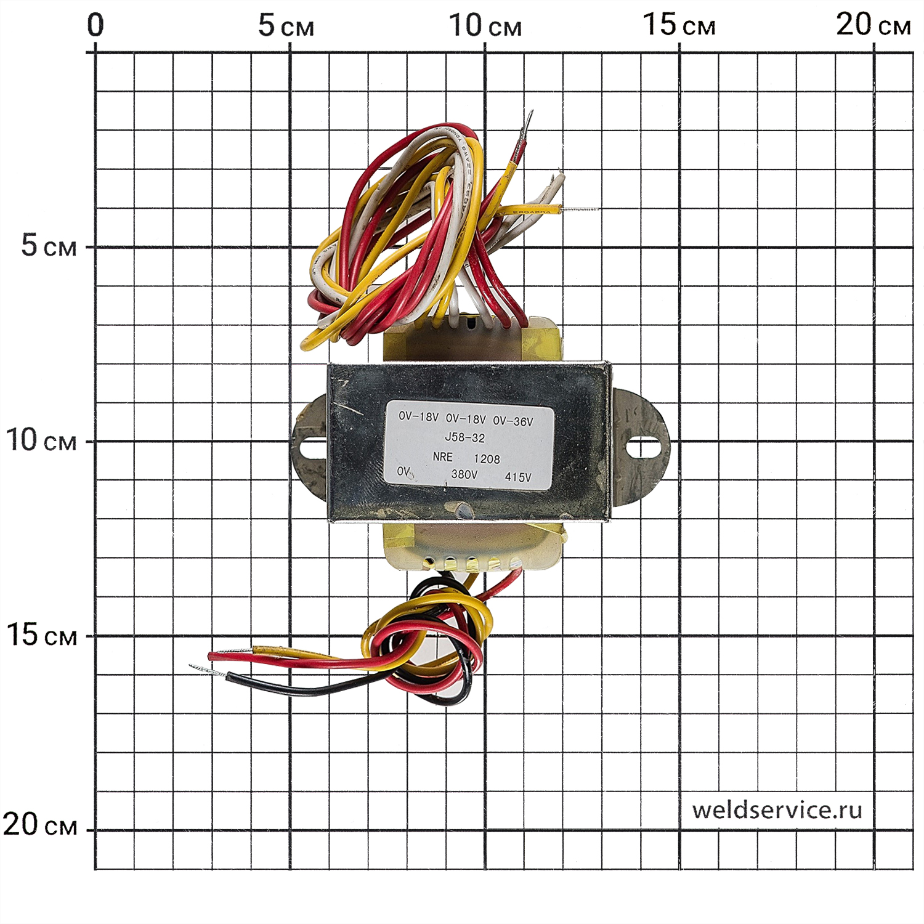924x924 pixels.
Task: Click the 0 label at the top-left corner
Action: pyautogui.click(x=95, y=25)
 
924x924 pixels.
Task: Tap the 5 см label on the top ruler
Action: pyautogui.click(x=285, y=26)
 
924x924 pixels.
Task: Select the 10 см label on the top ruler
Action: pyautogui.click(x=485, y=26)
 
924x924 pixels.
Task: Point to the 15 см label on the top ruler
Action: pyautogui.click(x=679, y=26)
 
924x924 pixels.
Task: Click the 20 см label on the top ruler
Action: pyautogui.click(x=873, y=26)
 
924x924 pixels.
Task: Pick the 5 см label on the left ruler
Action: pyautogui.click(x=49, y=246)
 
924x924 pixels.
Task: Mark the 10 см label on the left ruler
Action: pyautogui.click(x=41, y=440)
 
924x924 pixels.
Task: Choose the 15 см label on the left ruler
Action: pyautogui.click(x=41, y=635)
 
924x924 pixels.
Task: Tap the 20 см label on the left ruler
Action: pyautogui.click(x=40, y=825)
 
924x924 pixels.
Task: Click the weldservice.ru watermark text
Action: pyautogui.click(x=777, y=810)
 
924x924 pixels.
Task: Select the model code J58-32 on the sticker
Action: pyautogui.click(x=464, y=438)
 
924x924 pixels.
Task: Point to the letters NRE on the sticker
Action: pyautogui.click(x=442, y=457)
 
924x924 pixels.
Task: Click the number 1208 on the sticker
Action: pyautogui.click(x=487, y=459)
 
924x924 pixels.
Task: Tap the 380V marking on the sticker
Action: pyautogui.click(x=464, y=474)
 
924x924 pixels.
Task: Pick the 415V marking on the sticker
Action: pyautogui.click(x=517, y=477)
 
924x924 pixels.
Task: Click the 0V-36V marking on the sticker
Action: pyautogui.click(x=513, y=422)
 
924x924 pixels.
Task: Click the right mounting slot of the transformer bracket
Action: pyautogui.click(x=642, y=446)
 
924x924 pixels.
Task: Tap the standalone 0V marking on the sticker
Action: pyautogui.click(x=403, y=471)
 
